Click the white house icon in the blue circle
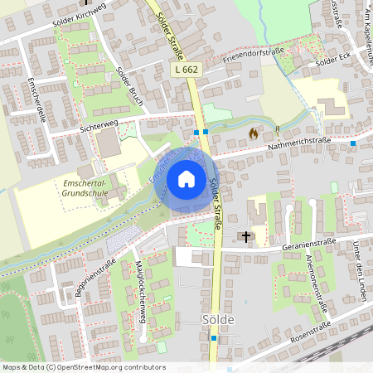coord(186,179)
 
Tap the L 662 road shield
coord(187,70)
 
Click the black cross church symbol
coord(245,236)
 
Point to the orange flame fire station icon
coord(253,132)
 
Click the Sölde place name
coord(219,320)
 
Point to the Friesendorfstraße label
coord(253,57)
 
